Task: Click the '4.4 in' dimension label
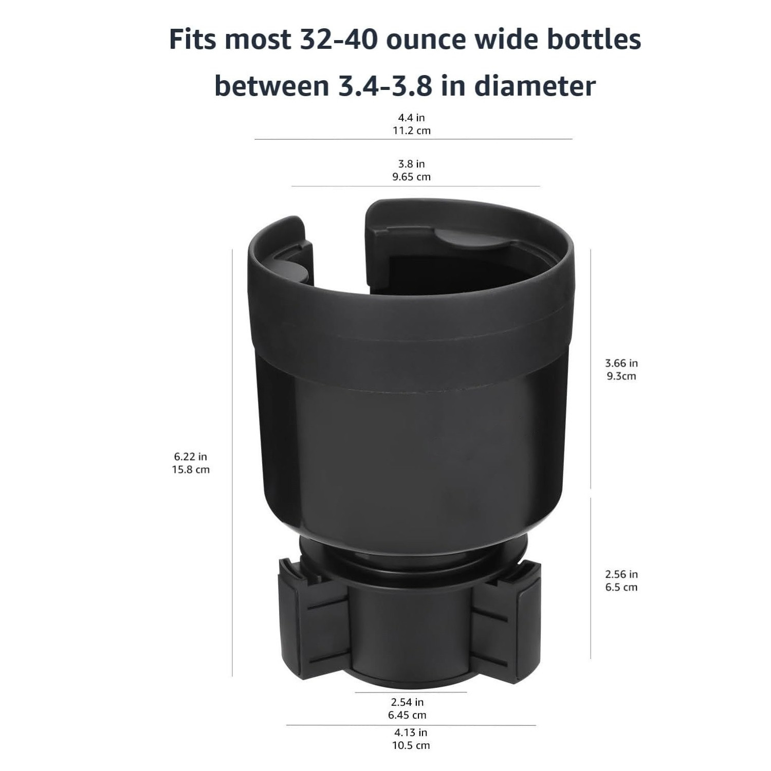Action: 411,118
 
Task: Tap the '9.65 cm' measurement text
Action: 411,177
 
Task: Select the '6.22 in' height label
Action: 191,456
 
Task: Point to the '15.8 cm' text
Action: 191,469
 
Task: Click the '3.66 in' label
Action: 621,363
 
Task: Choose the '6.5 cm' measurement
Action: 621,587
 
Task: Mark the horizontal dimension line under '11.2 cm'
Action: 413,139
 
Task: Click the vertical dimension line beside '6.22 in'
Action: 232,463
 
